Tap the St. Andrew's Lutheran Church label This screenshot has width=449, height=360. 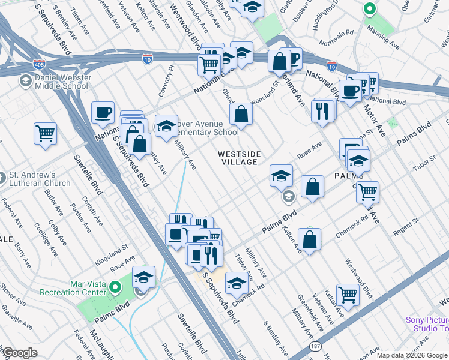point(39,179)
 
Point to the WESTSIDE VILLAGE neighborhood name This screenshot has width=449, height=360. point(239,158)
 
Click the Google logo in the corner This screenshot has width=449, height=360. point(20,353)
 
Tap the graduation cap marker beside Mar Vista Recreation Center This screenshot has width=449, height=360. point(143,277)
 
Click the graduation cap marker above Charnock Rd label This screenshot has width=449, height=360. point(237,281)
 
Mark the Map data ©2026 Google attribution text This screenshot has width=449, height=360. point(412,355)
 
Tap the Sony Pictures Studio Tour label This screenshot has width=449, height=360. point(427,324)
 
